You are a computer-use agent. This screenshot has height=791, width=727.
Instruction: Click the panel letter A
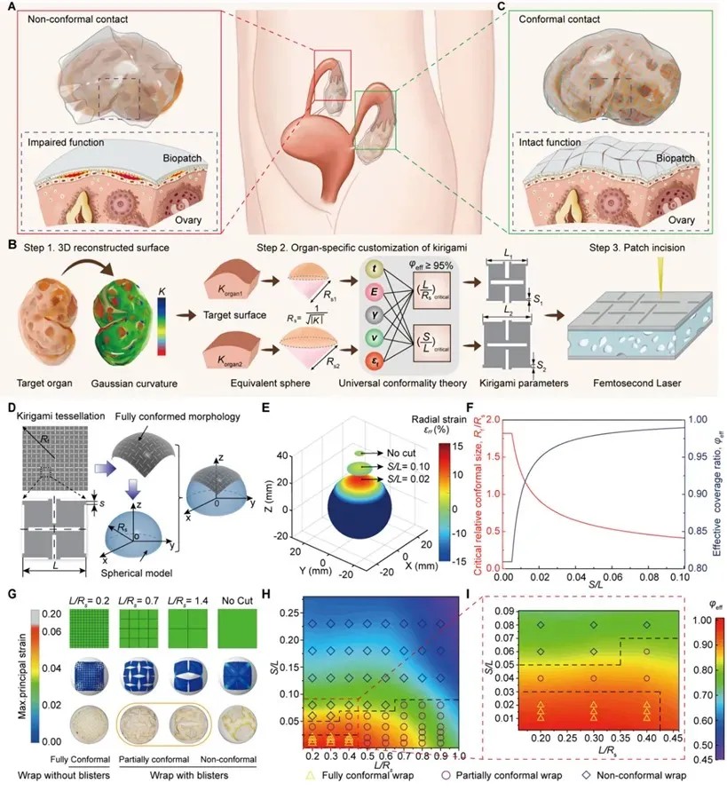[10, 7]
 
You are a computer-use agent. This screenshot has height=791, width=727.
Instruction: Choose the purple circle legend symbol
[462, 775]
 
